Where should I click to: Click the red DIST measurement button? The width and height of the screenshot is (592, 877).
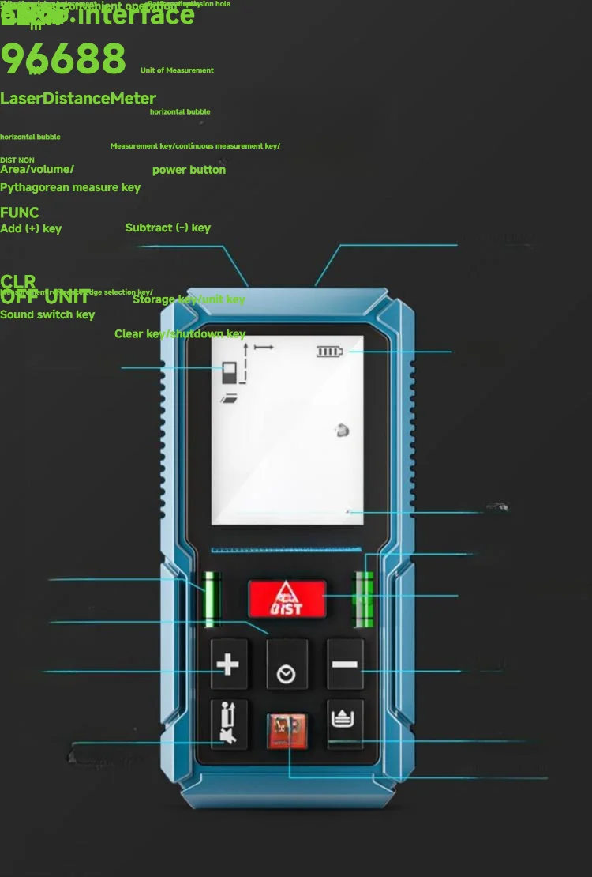tap(287, 599)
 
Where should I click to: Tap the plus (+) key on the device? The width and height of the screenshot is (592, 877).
tap(228, 664)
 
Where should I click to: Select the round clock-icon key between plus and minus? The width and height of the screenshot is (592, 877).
tap(287, 673)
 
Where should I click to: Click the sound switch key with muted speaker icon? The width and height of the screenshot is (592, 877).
tap(229, 725)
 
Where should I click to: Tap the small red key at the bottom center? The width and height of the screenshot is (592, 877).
tap(287, 731)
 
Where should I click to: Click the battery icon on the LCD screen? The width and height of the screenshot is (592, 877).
tap(331, 351)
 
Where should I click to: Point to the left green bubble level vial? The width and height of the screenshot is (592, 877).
tap(211, 599)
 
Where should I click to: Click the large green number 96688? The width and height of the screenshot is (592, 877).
tap(63, 58)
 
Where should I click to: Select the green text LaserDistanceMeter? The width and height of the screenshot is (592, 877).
tap(78, 99)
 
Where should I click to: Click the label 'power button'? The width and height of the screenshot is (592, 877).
tap(189, 170)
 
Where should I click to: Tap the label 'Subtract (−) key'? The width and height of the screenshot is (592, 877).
tap(168, 228)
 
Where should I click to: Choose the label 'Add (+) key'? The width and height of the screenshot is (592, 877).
tap(31, 228)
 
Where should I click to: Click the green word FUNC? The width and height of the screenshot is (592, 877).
tap(20, 213)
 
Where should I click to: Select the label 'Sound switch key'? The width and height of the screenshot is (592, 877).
tap(47, 314)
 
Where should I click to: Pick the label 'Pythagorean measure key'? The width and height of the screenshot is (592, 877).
tap(70, 187)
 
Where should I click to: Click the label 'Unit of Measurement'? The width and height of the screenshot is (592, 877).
tap(177, 70)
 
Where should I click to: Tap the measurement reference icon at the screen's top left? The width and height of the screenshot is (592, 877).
tap(230, 372)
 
